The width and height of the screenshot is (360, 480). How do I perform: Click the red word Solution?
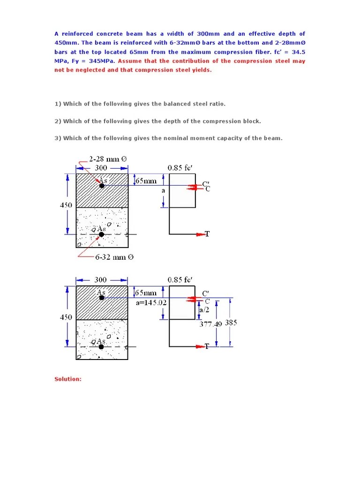(x=68, y=379)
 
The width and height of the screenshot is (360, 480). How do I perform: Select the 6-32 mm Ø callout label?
(x=114, y=257)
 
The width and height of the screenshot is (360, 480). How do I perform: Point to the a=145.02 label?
(x=151, y=302)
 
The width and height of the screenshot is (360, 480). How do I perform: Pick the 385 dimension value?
(x=232, y=322)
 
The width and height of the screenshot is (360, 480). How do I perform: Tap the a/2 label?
(x=204, y=310)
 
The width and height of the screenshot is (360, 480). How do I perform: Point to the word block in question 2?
(x=251, y=121)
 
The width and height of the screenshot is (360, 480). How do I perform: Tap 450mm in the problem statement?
(x=66, y=43)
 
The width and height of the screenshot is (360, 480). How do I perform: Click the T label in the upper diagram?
(x=207, y=234)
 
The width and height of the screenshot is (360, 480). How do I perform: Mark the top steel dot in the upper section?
(x=102, y=186)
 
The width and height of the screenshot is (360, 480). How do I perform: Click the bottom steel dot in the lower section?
(x=101, y=346)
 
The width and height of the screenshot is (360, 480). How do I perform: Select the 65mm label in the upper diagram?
(x=146, y=180)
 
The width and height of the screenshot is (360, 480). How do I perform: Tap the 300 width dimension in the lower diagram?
(x=101, y=280)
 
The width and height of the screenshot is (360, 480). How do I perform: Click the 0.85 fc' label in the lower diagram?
(x=180, y=280)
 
